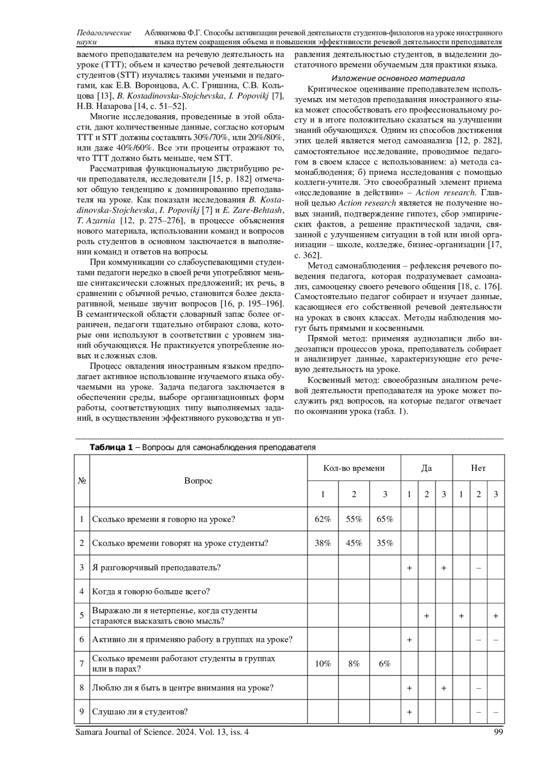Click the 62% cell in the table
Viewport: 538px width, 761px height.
tap(323, 519)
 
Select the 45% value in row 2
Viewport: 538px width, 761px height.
tap(354, 543)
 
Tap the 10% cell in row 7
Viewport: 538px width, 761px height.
tap(323, 664)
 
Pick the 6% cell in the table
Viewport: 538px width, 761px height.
tap(385, 664)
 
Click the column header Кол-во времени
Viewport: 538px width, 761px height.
tap(354, 468)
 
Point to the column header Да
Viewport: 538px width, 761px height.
tap(426, 468)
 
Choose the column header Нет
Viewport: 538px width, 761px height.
tap(478, 468)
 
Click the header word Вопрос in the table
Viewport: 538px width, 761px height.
tap(198, 481)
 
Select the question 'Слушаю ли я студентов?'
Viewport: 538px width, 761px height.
tap(139, 712)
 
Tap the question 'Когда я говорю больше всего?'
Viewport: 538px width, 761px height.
tap(151, 591)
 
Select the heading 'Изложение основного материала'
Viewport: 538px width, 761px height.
tap(398, 78)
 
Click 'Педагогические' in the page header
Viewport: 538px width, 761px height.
tap(104, 33)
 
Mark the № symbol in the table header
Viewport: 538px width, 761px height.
tap(82, 481)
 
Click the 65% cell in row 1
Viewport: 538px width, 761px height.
tap(385, 519)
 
